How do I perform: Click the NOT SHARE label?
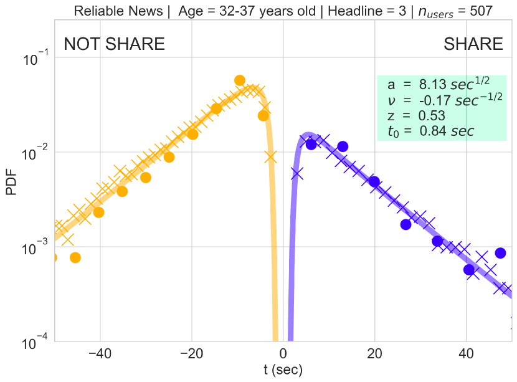pyautogui.click(x=115, y=44)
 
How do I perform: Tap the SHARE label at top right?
pyautogui.click(x=473, y=44)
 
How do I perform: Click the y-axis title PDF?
pyautogui.click(x=11, y=186)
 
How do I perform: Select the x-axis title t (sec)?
pyautogui.click(x=283, y=370)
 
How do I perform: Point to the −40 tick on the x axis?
pyautogui.click(x=100, y=355)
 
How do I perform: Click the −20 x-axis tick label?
pyautogui.click(x=192, y=355)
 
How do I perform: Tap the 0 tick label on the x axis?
pyautogui.click(x=283, y=355)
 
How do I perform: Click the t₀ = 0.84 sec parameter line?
pyautogui.click(x=430, y=131)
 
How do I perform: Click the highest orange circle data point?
pyautogui.click(x=240, y=80)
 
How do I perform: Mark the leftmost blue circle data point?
pyautogui.click(x=311, y=144)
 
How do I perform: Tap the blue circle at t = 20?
pyautogui.click(x=374, y=181)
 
